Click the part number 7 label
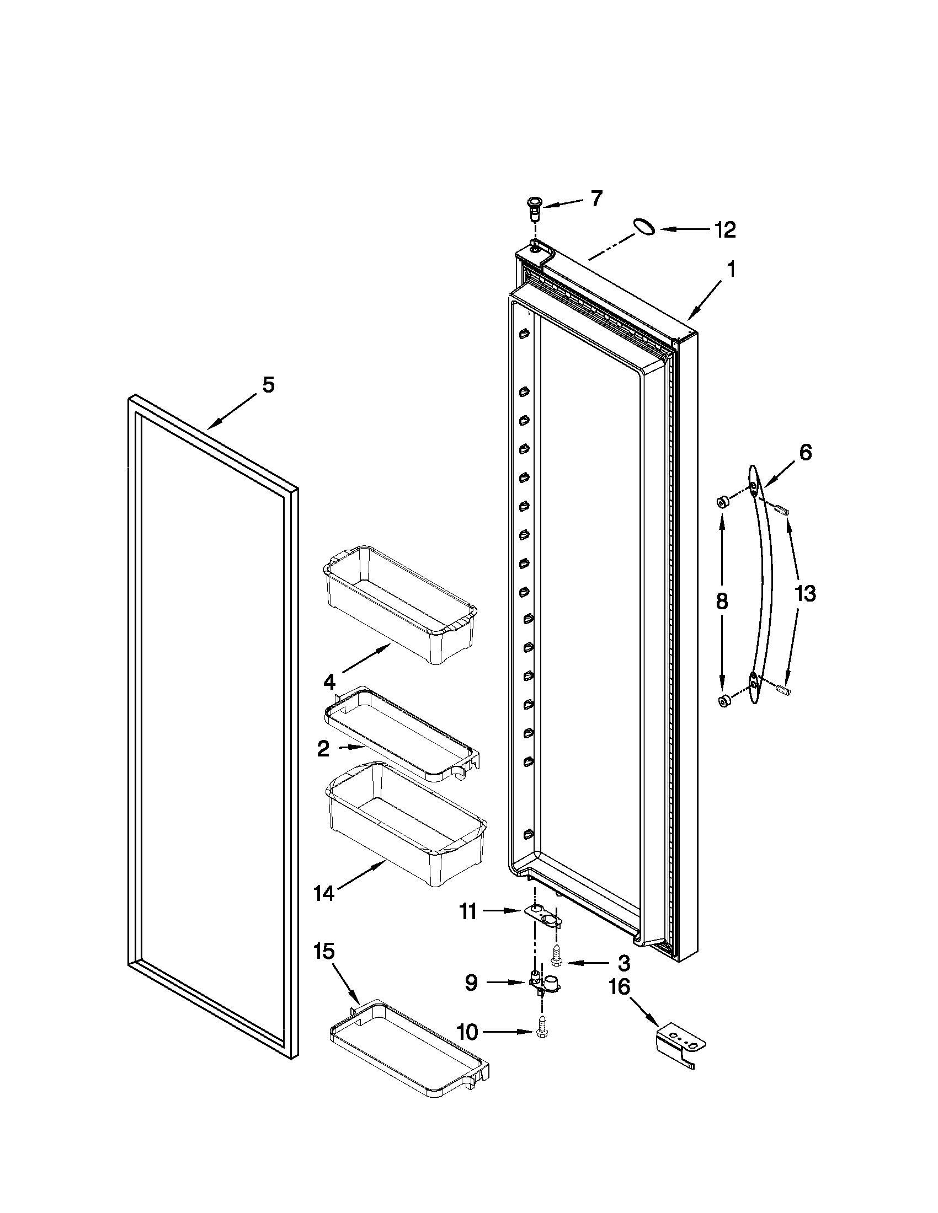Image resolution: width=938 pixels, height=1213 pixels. [596, 198]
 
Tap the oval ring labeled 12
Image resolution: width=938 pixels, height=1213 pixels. [644, 227]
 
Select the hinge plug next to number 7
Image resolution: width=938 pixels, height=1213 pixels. [535, 208]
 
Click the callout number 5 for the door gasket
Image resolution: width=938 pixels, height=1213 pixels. [268, 384]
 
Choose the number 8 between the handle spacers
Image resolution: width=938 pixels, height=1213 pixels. [722, 602]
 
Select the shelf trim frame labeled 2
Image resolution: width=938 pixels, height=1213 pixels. [401, 734]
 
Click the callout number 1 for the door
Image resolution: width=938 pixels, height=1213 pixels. [731, 270]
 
